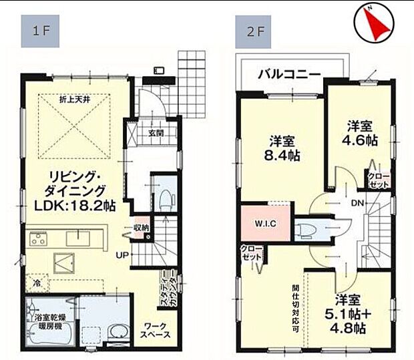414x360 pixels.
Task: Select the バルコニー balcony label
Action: click(289, 73)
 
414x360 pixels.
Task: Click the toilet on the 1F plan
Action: click(163, 198)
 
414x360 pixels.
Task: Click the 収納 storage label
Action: click(142, 227)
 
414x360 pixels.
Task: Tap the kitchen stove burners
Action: click(39, 238)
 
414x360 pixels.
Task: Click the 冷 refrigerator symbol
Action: click(38, 284)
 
